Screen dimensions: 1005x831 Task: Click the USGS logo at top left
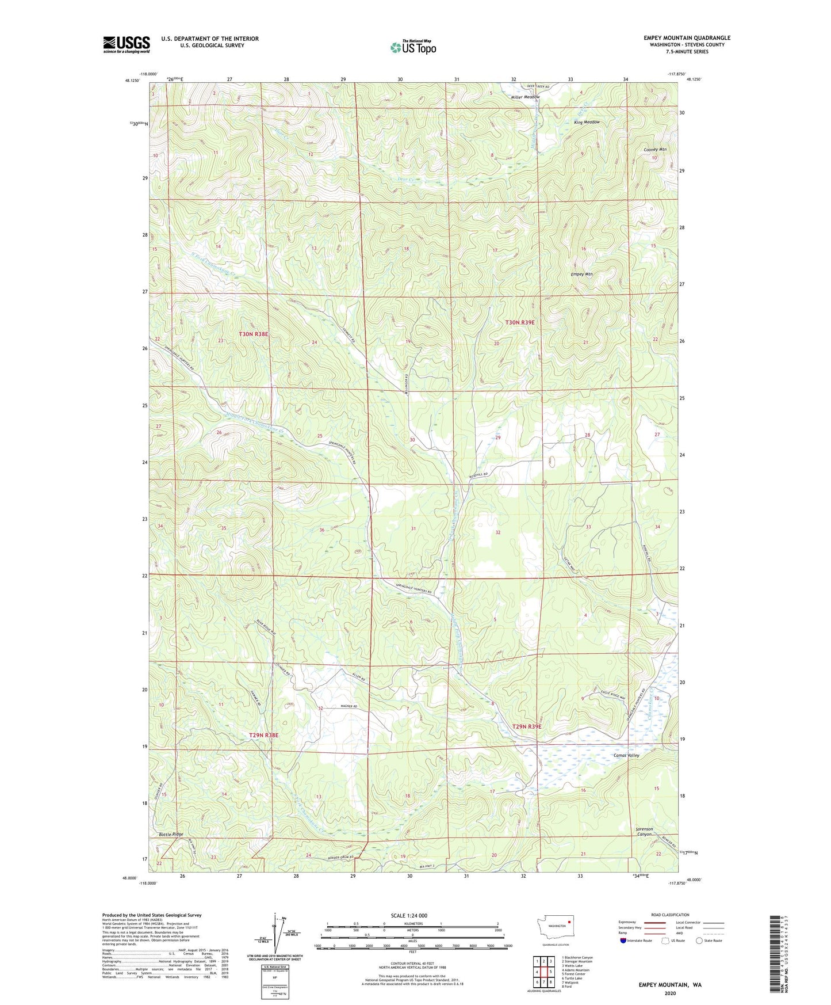[x=126, y=44]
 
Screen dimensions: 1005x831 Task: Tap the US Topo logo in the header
[x=413, y=47]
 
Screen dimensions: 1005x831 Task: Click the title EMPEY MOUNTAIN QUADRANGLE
[x=687, y=38]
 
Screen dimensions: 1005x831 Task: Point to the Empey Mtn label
[x=581, y=274]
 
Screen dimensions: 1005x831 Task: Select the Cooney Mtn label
[x=654, y=150]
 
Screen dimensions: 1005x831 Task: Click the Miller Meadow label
[x=526, y=97]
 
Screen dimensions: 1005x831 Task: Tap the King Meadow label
[x=587, y=122]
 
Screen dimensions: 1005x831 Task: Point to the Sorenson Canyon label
[x=644, y=831]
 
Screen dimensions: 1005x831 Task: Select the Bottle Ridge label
[x=170, y=833]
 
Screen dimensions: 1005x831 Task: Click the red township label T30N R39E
[x=520, y=323]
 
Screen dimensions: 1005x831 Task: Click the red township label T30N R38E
[x=254, y=333]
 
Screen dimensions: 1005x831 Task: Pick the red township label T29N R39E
[x=527, y=726]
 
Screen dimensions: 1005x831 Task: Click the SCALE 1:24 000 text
[x=409, y=915]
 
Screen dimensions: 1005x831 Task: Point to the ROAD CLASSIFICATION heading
[x=670, y=915]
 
